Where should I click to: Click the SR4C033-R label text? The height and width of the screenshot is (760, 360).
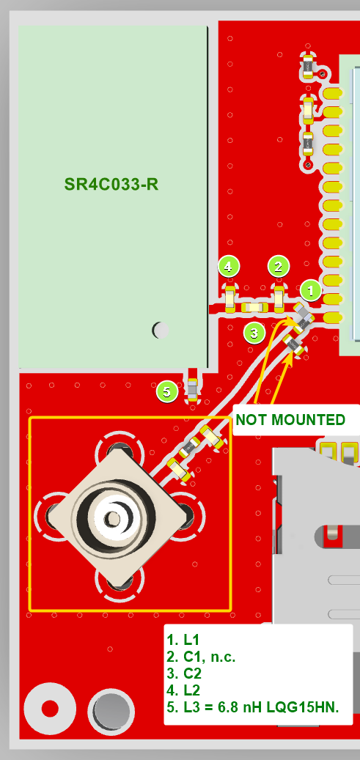tap(111, 185)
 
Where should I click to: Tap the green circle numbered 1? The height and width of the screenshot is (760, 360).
tap(311, 291)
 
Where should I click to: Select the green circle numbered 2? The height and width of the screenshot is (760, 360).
tap(278, 267)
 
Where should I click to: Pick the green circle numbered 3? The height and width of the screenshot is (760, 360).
tap(254, 333)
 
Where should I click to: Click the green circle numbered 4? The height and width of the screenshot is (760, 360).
tap(229, 267)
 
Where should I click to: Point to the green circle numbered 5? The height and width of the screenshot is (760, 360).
tap(167, 391)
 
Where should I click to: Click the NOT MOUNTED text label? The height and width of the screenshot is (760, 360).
tap(290, 420)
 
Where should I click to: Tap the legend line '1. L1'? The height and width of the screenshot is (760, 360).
tap(183, 639)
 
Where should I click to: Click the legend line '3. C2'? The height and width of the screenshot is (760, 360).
tap(184, 674)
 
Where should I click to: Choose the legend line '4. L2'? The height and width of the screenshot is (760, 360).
tap(183, 690)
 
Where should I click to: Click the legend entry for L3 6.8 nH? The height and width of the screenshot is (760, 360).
tap(252, 707)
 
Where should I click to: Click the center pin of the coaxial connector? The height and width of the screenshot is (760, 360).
tap(114, 518)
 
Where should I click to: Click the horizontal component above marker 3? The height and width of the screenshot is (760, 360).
tap(254, 307)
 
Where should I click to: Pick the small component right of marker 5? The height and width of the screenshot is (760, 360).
tap(193, 388)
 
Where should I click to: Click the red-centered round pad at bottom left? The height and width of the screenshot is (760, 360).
tap(49, 709)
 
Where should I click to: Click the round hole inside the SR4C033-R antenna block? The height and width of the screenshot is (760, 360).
tap(161, 330)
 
